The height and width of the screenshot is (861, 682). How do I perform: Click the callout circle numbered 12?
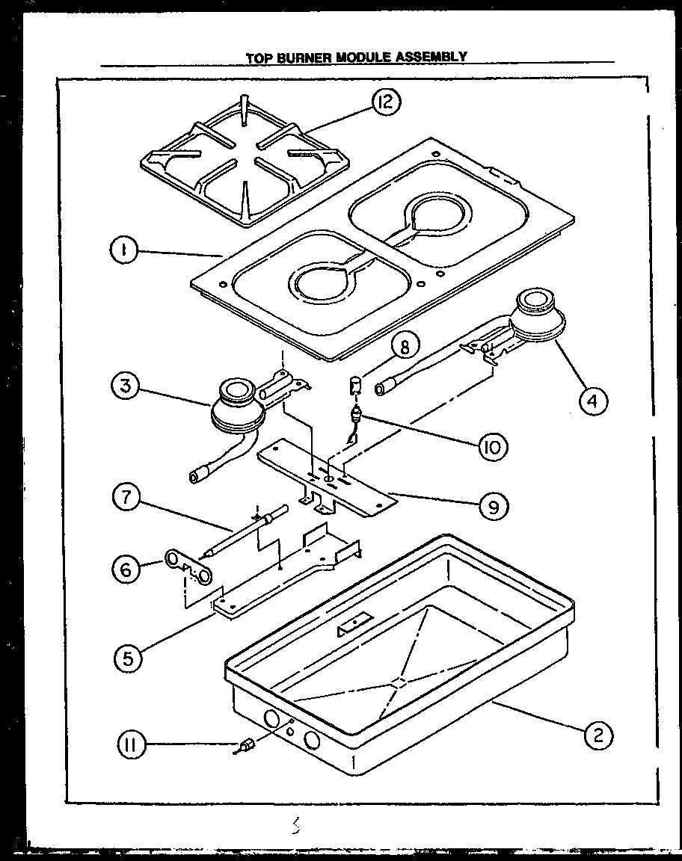[x=386, y=102]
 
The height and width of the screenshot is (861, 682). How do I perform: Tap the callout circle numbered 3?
[x=126, y=388]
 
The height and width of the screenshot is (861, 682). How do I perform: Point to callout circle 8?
[x=404, y=347]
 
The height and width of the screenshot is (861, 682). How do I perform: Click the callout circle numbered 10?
[x=494, y=446]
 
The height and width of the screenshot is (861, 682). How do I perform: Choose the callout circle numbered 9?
[x=494, y=507]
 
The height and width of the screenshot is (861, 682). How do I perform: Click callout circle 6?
[x=126, y=570]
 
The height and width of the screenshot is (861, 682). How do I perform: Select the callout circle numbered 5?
[x=129, y=658]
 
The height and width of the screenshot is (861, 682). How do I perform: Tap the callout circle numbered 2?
[x=597, y=735]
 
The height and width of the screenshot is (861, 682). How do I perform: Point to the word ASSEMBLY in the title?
[x=434, y=57]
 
